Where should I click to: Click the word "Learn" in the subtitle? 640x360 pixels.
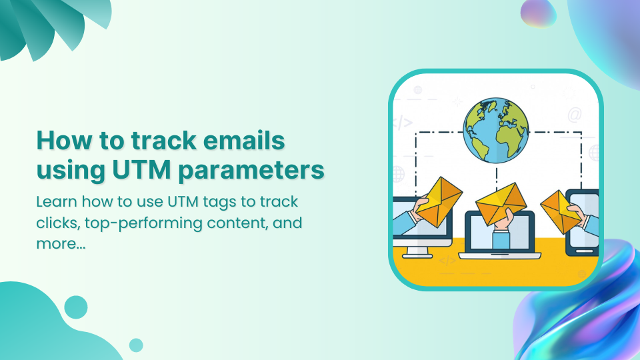(56, 201)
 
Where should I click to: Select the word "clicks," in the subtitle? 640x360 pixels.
(57, 222)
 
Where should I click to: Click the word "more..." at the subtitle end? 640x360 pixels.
(61, 243)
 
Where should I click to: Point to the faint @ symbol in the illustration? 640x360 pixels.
(574, 115)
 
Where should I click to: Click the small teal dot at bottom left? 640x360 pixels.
(136, 345)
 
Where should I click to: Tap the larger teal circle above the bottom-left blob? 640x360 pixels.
(76, 307)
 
